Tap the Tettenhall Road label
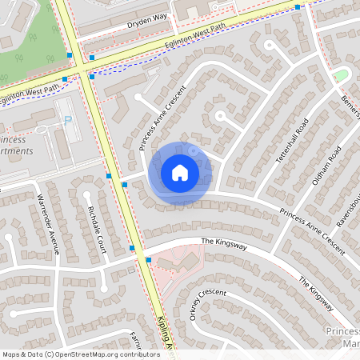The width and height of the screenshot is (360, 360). [x=291, y=142]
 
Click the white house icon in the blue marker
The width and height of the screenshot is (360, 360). [x=180, y=173]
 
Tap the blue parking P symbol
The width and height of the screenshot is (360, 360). [x=67, y=119]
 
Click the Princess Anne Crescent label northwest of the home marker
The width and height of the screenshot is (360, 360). [x=155, y=118]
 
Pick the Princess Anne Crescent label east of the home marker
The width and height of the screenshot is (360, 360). [x=312, y=233]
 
